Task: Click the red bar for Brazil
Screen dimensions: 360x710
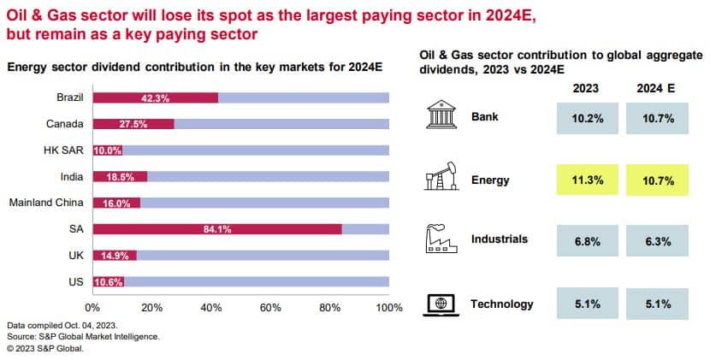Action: pyautogui.click(x=155, y=97)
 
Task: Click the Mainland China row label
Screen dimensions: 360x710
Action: pyautogui.click(x=45, y=203)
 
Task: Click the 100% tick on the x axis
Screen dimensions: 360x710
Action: pyautogui.click(x=388, y=307)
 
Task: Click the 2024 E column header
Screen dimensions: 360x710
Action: pyautogui.click(x=656, y=88)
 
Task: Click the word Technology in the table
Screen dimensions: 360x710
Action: pyautogui.click(x=502, y=304)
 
